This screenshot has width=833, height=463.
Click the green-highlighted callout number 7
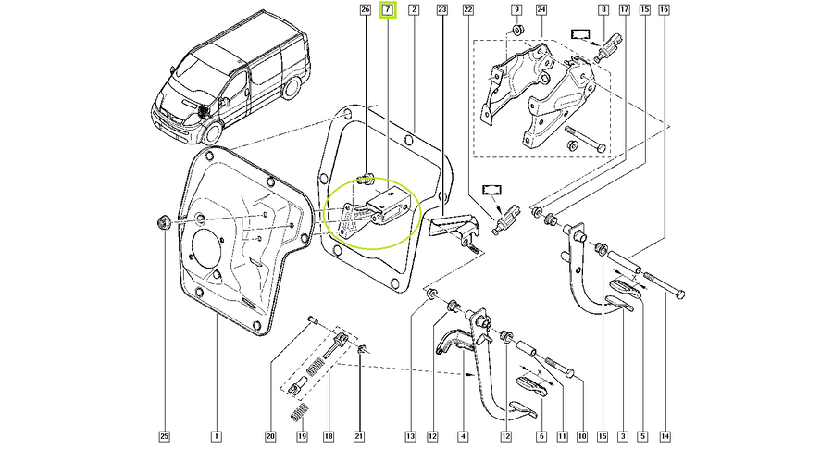(x=388, y=10)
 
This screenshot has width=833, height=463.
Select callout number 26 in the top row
(x=365, y=10)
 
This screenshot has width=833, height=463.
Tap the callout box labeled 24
(x=541, y=10)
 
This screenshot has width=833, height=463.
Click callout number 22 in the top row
(x=468, y=10)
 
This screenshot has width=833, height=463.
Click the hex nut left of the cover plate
(x=163, y=222)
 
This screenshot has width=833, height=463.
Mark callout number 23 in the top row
(x=442, y=10)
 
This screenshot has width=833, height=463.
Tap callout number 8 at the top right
(x=603, y=10)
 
